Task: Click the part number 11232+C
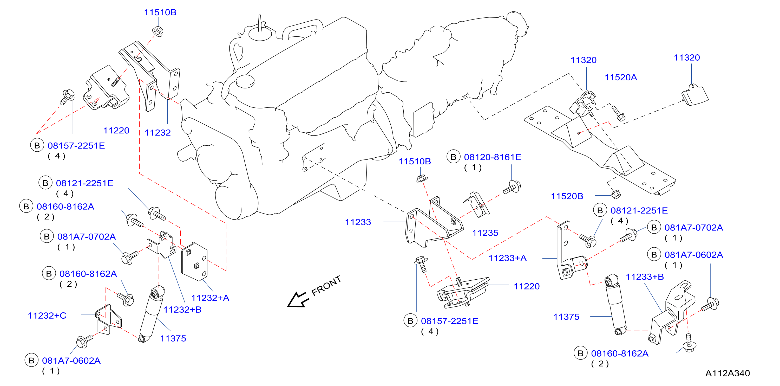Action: tap(47, 316)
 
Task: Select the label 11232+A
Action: tap(210, 298)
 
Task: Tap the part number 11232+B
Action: tap(182, 309)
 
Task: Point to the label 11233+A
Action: tap(508, 258)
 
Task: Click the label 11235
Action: tap(485, 233)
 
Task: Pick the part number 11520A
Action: tap(621, 77)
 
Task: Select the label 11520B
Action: tap(567, 196)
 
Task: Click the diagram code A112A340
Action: tap(727, 373)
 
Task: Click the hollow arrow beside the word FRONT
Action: tap(298, 300)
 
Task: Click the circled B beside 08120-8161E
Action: tap(453, 157)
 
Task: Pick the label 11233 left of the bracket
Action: tap(358, 222)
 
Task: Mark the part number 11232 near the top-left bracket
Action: tap(158, 132)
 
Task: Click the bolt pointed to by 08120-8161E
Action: tap(512, 187)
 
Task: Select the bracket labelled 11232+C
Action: tap(108, 320)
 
